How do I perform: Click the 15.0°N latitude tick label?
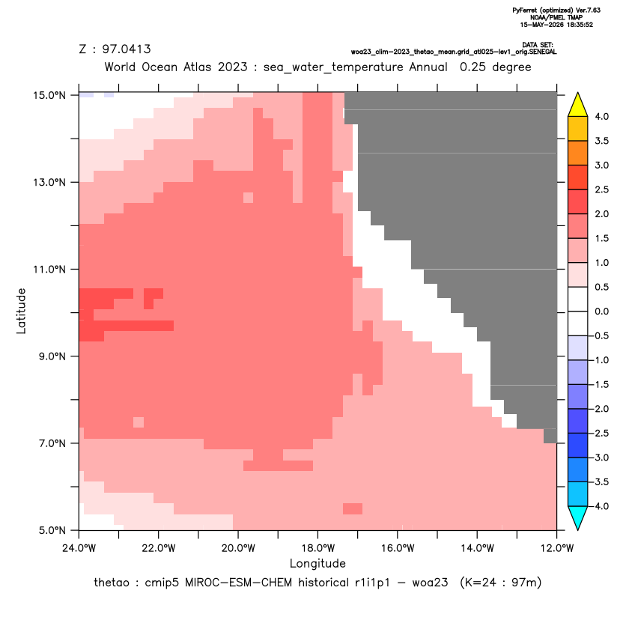pyautogui.click(x=49, y=95)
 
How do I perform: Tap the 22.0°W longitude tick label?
pyautogui.click(x=159, y=548)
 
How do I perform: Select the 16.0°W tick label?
pyautogui.click(x=398, y=548)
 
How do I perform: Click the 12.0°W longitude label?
pyautogui.click(x=557, y=548)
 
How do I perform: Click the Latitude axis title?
pyautogui.click(x=21, y=311)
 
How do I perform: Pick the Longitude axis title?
pyautogui.click(x=317, y=563)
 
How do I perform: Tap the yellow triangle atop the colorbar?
pyautogui.click(x=578, y=105)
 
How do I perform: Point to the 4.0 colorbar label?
pyautogui.click(x=601, y=117)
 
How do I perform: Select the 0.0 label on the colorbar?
pyautogui.click(x=601, y=311)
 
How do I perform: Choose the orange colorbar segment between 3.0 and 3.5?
pyautogui.click(x=578, y=153)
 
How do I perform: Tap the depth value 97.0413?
pyautogui.click(x=127, y=49)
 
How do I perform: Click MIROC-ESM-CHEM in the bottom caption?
pyautogui.click(x=238, y=583)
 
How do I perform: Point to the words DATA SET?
pyautogui.click(x=538, y=45)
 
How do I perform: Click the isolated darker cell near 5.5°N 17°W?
pyautogui.click(x=353, y=508)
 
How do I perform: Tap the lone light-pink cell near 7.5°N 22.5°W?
pyautogui.click(x=139, y=422)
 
